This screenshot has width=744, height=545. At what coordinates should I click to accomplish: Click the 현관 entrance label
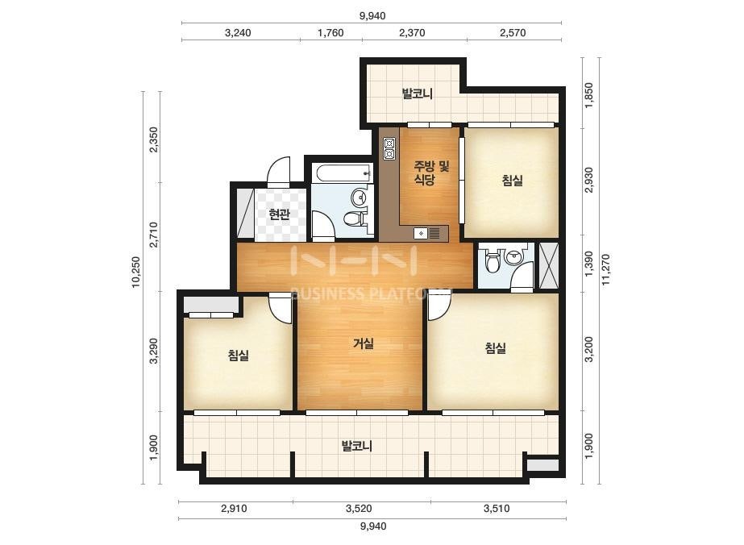click(279, 214)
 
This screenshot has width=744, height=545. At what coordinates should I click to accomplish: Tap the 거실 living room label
click(364, 343)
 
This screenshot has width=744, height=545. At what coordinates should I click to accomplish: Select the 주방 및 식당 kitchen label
click(431, 173)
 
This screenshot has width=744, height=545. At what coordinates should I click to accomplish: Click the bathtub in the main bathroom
click(341, 173)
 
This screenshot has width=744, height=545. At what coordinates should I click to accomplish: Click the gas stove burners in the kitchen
click(389, 148)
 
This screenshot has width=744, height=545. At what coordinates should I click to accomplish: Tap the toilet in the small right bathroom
click(492, 261)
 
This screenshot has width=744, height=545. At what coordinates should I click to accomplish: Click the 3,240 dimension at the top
click(238, 33)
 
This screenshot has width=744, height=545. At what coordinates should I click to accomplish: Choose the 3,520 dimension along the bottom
click(359, 509)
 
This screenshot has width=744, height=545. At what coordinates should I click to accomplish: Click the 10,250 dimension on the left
click(136, 272)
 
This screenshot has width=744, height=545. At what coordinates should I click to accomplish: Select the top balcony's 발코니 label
click(417, 94)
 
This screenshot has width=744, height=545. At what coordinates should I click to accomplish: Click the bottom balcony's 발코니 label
click(357, 446)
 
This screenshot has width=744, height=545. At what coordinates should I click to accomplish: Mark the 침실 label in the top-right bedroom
click(513, 181)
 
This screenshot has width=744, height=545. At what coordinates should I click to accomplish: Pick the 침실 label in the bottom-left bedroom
click(239, 355)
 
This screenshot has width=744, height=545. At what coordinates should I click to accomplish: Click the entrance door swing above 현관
click(278, 173)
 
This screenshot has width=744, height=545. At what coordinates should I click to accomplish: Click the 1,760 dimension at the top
click(330, 33)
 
